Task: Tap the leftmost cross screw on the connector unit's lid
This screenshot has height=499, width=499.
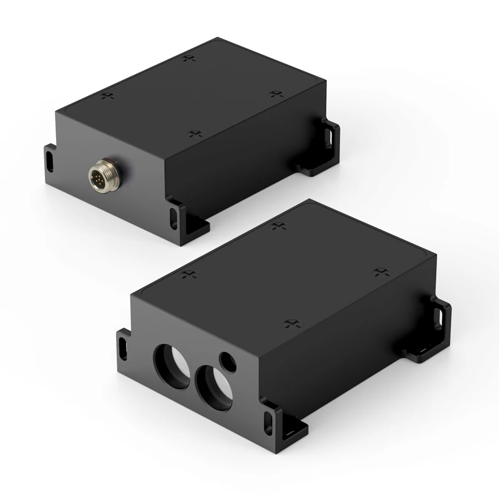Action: [109, 96]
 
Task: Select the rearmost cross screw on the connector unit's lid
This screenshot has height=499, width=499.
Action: [189, 59]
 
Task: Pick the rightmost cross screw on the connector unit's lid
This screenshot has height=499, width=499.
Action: [276, 94]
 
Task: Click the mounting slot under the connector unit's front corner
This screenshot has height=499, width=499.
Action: [174, 218]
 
